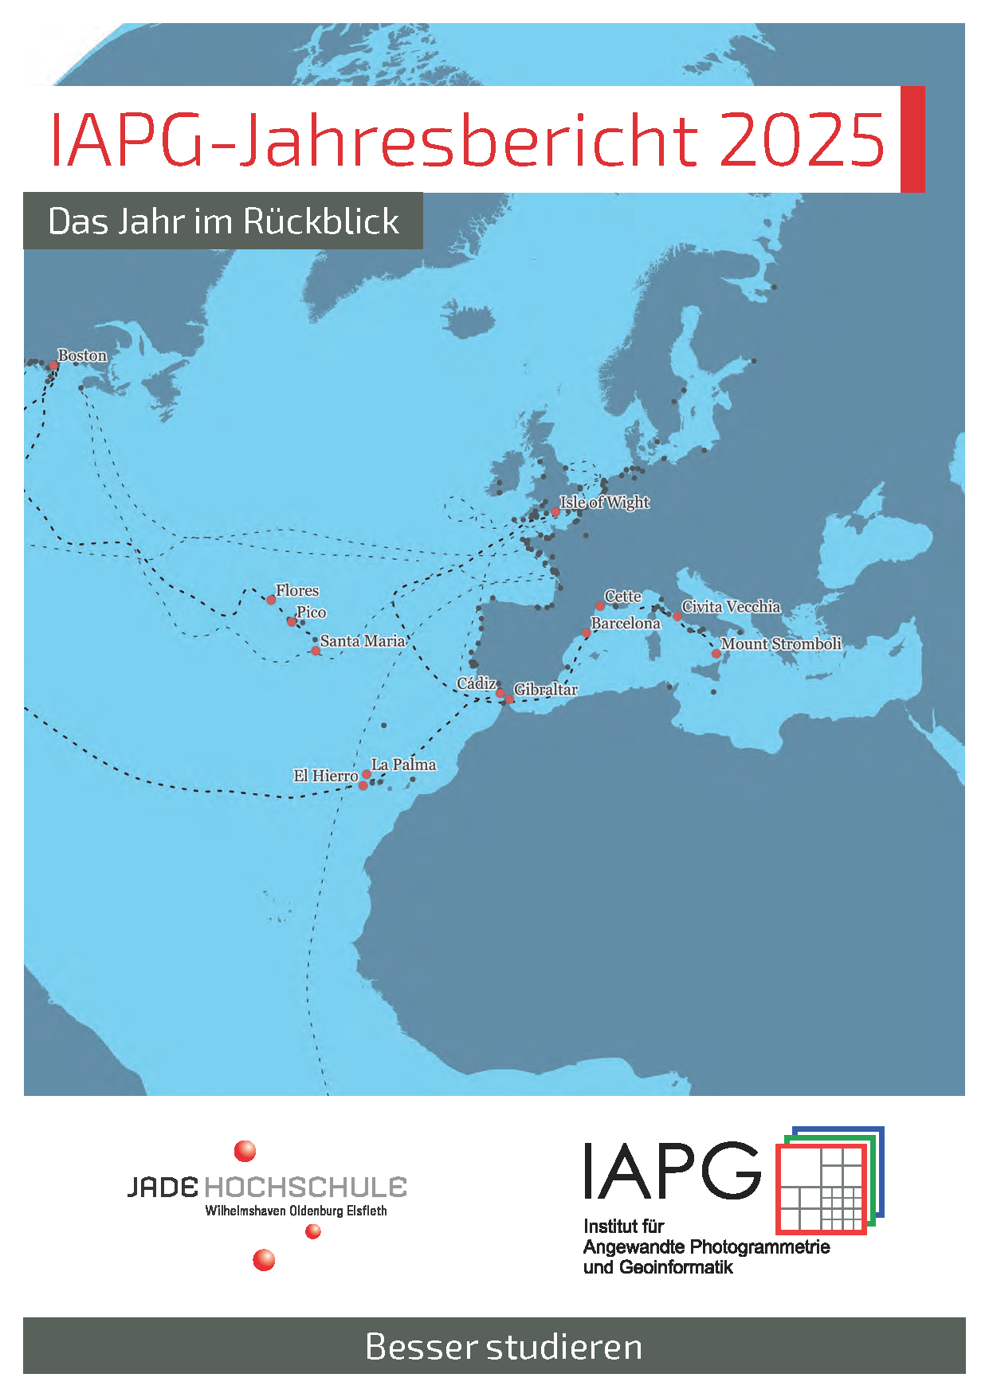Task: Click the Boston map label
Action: [x=82, y=355]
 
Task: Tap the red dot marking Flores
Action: [x=271, y=600]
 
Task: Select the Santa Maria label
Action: [x=363, y=640]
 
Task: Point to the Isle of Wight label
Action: [x=604, y=502]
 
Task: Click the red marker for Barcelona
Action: [x=587, y=633]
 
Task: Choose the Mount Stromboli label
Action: [x=781, y=644]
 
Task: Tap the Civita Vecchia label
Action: [x=731, y=606]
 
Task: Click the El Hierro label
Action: [x=325, y=775]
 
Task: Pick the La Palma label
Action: [x=403, y=765]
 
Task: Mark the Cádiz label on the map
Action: [x=477, y=683]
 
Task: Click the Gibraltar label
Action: [x=546, y=689]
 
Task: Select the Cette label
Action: [x=622, y=596]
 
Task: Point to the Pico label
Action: [x=311, y=612]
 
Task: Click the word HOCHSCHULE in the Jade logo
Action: [x=306, y=1188]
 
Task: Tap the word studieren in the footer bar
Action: [x=564, y=1347]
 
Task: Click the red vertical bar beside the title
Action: [x=912, y=139]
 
